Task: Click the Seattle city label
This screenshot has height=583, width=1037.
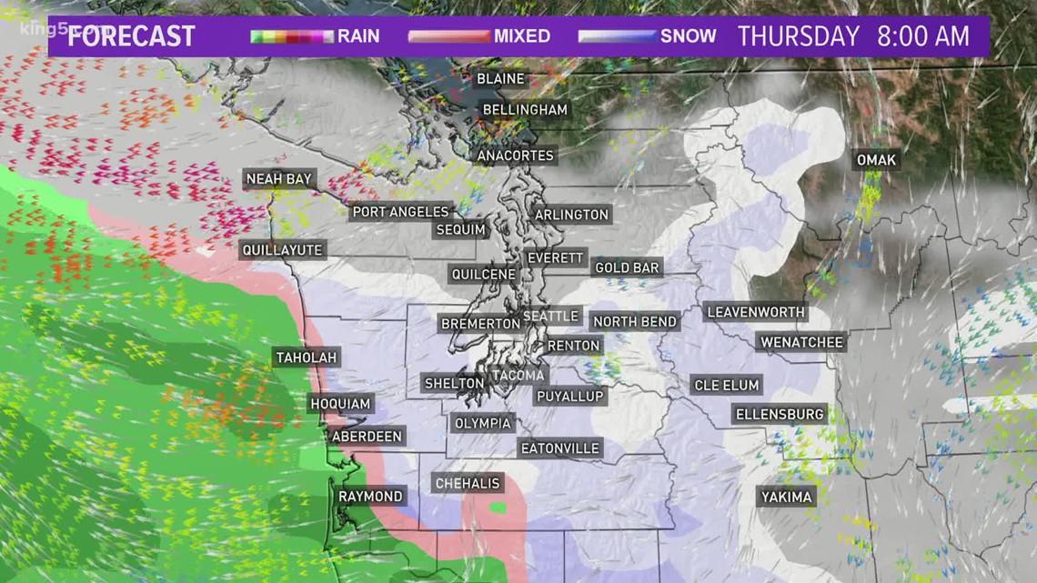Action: pos(550,316)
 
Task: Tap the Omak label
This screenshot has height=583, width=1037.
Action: pos(876,160)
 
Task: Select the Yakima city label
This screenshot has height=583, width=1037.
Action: pos(787,497)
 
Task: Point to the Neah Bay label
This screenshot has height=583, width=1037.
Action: pos(279,179)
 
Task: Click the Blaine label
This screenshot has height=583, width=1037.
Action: pos(500,79)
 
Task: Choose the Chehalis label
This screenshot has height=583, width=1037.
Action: pos(468,484)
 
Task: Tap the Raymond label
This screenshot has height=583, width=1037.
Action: pos(370,497)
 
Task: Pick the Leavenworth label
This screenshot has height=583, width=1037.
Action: pos(756,312)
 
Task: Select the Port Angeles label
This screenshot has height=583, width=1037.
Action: pos(401,211)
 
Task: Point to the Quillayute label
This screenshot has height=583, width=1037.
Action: pos(282,249)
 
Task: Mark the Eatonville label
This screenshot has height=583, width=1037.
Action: pos(559,448)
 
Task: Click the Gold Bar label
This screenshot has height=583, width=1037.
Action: pos(627,267)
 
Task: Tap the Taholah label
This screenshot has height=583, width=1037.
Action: pos(306,357)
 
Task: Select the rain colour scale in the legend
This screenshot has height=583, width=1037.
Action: pos(292,36)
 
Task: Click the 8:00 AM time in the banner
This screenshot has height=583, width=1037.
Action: pos(922,36)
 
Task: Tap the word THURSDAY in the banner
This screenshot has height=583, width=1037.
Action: pos(798,36)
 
